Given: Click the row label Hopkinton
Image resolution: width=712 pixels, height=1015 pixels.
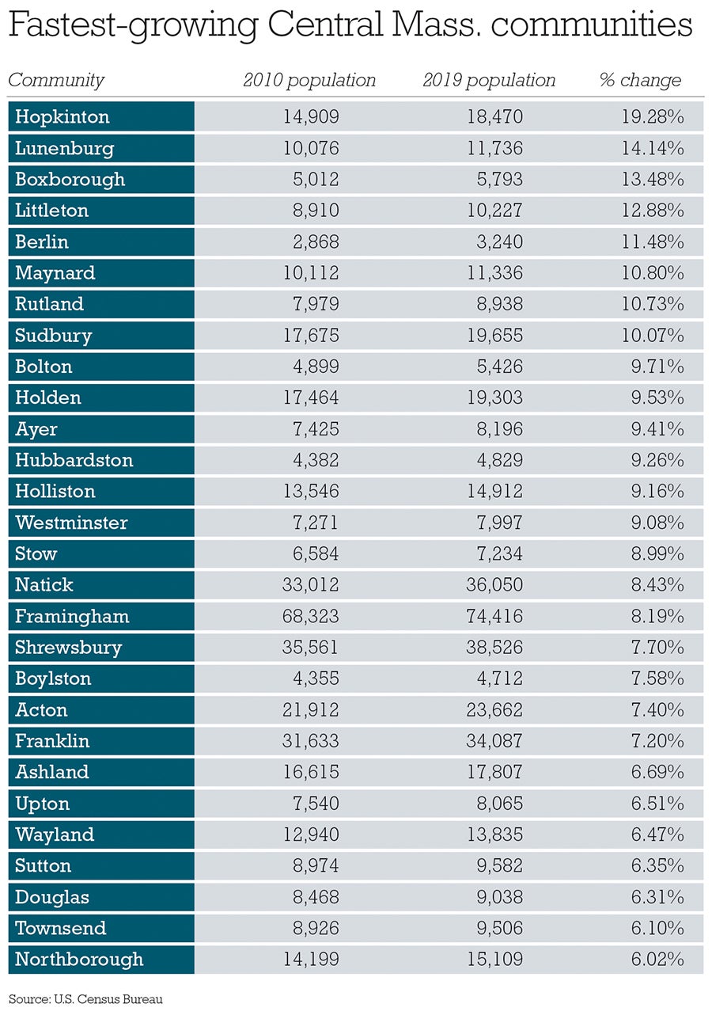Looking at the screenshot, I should pyautogui.click(x=62, y=117).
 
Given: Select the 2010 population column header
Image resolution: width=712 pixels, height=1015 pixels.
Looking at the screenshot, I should pyautogui.click(x=309, y=80).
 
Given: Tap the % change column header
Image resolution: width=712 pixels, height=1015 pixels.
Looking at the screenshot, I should pyautogui.click(x=640, y=80).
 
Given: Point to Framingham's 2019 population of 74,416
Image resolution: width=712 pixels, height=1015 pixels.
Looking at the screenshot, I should pyautogui.click(x=491, y=616).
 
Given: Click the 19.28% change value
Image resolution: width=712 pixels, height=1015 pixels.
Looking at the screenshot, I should pyautogui.click(x=653, y=117).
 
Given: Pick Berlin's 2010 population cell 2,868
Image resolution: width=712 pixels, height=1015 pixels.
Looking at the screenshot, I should pyautogui.click(x=311, y=241).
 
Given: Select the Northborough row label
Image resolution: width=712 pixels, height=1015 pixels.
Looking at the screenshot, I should pyautogui.click(x=79, y=960).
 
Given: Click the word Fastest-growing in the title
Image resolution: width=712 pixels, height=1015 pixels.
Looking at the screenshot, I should pyautogui.click(x=134, y=26).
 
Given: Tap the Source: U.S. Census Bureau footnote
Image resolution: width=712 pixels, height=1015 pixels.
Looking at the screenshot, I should pyautogui.click(x=85, y=999).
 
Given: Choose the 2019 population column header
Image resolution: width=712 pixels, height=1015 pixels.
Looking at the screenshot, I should pyautogui.click(x=489, y=80).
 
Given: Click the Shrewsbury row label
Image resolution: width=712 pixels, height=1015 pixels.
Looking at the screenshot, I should pyautogui.click(x=68, y=648).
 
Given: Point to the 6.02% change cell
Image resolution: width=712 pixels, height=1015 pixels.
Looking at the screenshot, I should pyautogui.click(x=654, y=960).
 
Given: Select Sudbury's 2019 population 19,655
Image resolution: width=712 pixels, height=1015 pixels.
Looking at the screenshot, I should pyautogui.click(x=491, y=336).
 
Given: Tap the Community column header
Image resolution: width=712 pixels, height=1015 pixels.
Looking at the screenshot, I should pyautogui.click(x=55, y=80).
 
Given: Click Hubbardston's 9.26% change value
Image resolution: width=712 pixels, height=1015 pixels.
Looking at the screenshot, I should pyautogui.click(x=654, y=460).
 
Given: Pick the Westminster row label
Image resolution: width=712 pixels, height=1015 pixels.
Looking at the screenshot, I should pyautogui.click(x=71, y=523).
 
